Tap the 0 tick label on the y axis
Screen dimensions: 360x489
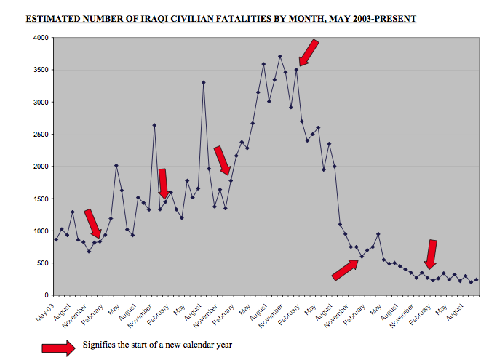click(x=47, y=295)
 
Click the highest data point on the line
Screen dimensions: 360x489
click(x=280, y=56)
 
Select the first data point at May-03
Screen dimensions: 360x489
click(x=56, y=239)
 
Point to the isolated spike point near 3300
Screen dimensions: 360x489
click(x=204, y=82)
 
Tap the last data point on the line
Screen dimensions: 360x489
click(x=476, y=279)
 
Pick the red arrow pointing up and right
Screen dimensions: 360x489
click(x=346, y=271)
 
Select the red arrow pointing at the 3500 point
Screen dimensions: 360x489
click(x=309, y=52)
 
